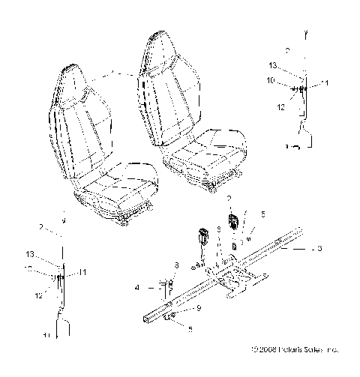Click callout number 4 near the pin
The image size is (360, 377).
point(138,287)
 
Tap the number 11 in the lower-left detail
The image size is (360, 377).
point(84,271)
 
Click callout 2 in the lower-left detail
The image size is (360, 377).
point(40,226)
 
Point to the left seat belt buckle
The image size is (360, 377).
point(202,236)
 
